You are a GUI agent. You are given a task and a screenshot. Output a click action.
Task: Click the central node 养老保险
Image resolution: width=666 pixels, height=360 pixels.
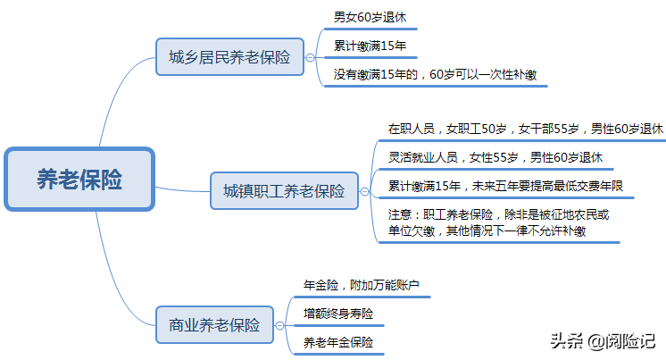(79, 180)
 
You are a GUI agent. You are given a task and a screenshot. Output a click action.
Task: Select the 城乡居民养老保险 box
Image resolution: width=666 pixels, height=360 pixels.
(229, 57)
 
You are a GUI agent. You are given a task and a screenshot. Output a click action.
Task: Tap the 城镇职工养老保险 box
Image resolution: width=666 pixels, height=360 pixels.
(283, 190)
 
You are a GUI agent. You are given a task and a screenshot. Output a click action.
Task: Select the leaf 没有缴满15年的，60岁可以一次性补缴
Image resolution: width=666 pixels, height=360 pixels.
(435, 74)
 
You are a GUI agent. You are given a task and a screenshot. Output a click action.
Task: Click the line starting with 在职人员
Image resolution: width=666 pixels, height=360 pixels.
(526, 129)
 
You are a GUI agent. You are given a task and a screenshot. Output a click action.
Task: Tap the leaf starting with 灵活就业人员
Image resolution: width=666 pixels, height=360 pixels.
(495, 157)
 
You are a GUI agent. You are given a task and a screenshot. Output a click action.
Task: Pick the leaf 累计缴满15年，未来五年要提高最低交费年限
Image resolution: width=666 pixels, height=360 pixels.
(505, 186)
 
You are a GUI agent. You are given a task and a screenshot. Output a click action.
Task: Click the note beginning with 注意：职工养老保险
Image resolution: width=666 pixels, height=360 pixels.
(499, 222)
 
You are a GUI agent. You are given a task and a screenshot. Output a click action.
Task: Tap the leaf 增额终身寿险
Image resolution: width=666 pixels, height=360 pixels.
(338, 314)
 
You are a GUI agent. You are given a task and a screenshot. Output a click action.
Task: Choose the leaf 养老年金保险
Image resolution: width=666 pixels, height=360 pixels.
(338, 342)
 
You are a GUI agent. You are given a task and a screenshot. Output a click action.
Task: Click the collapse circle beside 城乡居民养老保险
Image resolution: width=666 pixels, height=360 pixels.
(311, 57)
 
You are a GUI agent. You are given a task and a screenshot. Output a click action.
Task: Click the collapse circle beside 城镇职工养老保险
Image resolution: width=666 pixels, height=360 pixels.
(364, 190)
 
